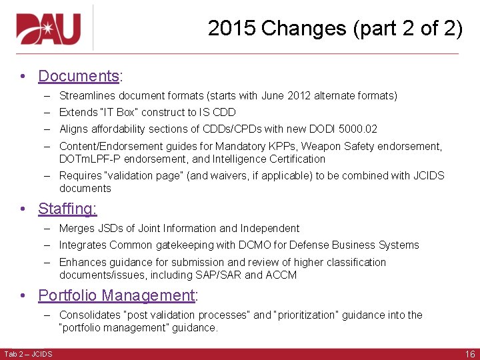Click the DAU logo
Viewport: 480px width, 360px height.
pos(48,29)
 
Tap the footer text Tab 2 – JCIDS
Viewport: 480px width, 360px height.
pos(28,353)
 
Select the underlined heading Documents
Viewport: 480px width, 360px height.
pos(79,76)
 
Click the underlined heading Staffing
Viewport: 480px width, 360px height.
pos(67,209)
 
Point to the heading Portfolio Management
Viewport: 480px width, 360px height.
pos(117,295)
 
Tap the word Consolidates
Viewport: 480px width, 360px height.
pos(88,315)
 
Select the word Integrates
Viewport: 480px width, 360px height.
pos(83,245)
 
